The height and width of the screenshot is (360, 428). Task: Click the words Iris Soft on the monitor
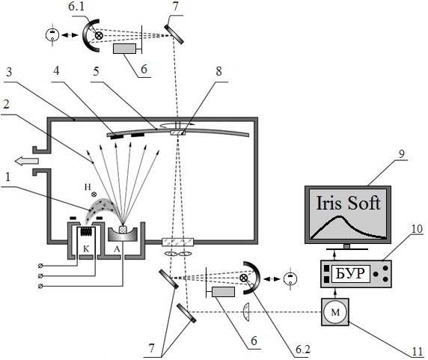click(348, 203)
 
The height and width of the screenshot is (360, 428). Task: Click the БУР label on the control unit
click(350, 274)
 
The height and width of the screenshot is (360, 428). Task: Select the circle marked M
click(335, 312)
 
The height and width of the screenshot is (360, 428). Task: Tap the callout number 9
click(402, 154)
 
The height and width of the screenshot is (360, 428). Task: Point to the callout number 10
click(417, 229)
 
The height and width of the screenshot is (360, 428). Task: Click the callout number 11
click(417, 352)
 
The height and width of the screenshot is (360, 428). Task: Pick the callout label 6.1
click(76, 7)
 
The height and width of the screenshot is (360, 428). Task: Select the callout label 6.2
click(303, 350)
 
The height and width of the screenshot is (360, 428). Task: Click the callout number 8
click(218, 72)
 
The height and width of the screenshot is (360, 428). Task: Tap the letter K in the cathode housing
click(86, 249)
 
